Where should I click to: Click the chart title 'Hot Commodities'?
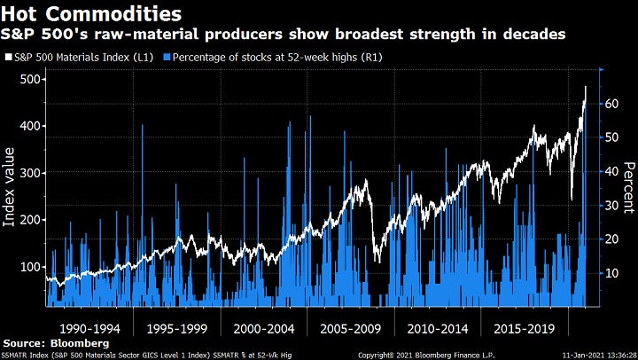[92, 14]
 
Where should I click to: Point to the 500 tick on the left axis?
[28, 79]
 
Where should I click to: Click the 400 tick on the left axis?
[28, 126]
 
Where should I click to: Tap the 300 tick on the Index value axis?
[28, 173]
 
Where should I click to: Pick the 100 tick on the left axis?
[28, 267]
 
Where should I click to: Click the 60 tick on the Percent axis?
[612, 104]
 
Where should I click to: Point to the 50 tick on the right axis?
[612, 137]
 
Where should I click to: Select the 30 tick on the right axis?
[612, 206]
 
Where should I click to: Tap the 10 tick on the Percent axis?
[612, 273]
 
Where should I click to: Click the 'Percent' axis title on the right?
[628, 188]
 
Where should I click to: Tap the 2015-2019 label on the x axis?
[523, 327]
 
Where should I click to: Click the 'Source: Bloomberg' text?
[55, 342]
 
